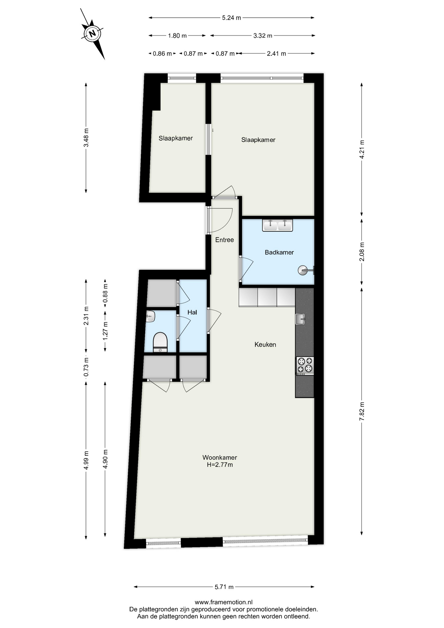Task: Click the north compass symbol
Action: (93, 34)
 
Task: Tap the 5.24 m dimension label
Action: (231, 18)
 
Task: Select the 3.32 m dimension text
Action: (263, 36)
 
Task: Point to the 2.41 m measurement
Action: (276, 54)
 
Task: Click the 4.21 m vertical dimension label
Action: (362, 149)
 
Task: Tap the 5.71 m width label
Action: (224, 587)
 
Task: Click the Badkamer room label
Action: (279, 252)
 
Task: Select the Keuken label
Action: (265, 344)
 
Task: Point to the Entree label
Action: (225, 240)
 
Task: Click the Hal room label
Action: (192, 312)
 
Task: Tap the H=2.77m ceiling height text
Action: (220, 465)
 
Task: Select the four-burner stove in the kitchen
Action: (305, 365)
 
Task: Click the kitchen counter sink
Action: (300, 319)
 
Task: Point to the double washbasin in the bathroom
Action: (278, 225)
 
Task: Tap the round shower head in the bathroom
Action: (302, 270)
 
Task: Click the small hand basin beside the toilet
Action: (150, 316)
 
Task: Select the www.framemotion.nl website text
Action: (224, 602)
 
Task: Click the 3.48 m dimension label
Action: (86, 138)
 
